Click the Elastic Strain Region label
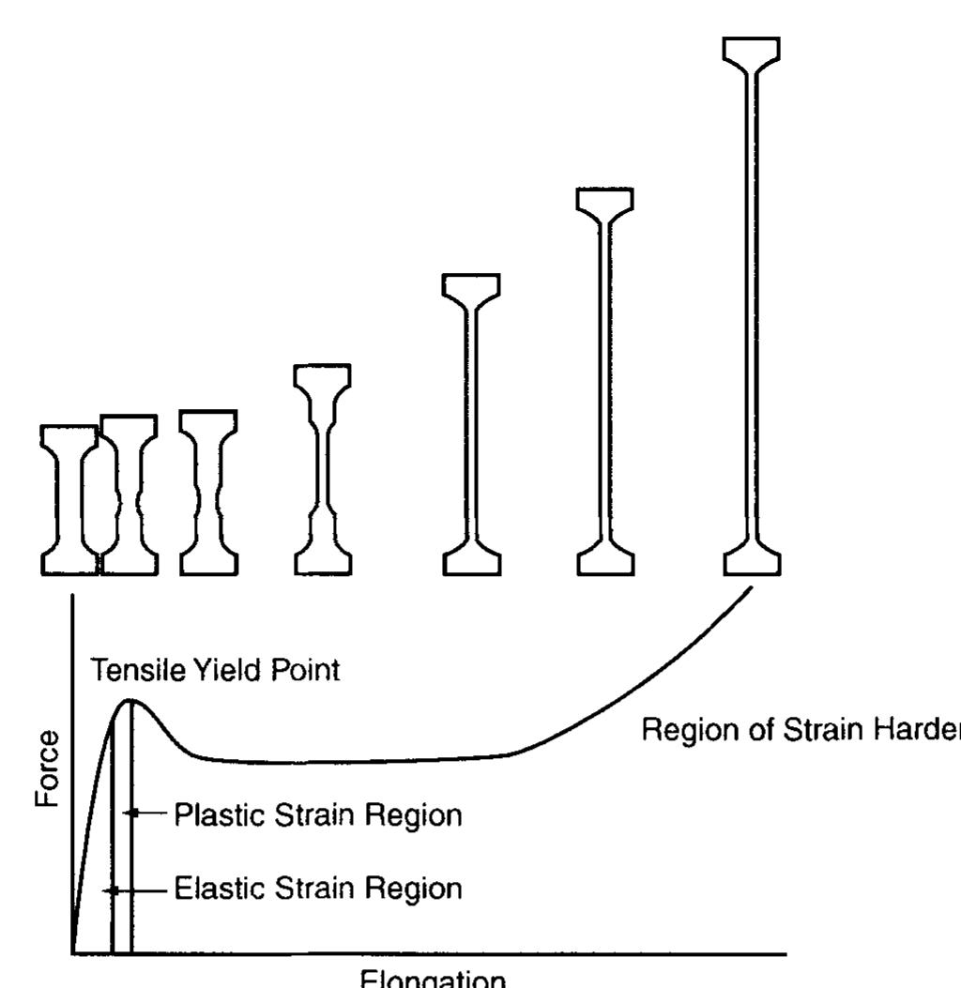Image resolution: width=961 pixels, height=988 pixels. point(317,889)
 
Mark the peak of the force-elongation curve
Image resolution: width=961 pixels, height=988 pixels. point(131,701)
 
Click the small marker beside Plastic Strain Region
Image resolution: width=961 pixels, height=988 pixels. point(134,813)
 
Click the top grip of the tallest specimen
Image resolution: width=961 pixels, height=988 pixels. point(752,51)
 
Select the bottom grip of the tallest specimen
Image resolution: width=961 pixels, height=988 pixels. point(752,561)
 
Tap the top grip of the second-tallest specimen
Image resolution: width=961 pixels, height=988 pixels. point(604,202)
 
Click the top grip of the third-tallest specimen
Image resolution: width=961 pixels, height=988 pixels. point(471,287)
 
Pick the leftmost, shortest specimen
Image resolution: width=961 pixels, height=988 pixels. point(69,499)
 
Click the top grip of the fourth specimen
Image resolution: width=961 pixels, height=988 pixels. point(322,376)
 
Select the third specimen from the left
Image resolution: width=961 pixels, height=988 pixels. point(207,492)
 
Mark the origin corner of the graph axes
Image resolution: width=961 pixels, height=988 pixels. point(72,953)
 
